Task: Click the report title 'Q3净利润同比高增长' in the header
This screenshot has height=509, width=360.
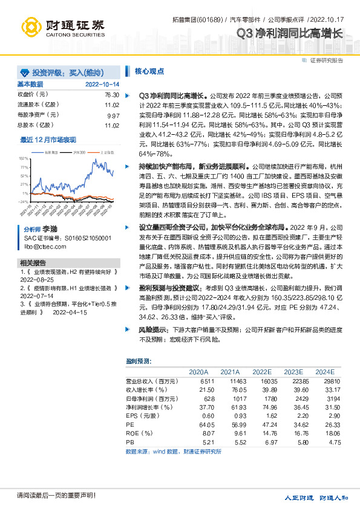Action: point(290,33)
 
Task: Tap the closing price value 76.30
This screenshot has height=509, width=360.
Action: point(111,95)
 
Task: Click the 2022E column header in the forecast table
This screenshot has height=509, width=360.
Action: point(262,372)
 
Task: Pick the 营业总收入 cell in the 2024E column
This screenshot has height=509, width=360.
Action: point(324,382)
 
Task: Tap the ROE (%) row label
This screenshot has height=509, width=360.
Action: point(140,434)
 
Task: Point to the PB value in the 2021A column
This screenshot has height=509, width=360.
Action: point(231,443)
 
